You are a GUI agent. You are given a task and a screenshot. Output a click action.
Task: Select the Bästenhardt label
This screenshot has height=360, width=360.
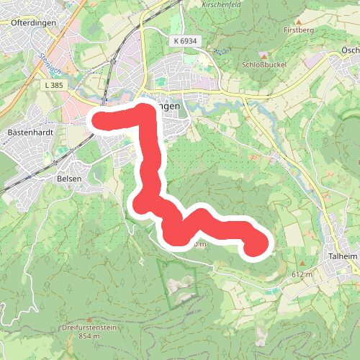click(x=27, y=133)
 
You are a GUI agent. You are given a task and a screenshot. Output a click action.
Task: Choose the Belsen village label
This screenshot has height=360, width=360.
click(x=72, y=178)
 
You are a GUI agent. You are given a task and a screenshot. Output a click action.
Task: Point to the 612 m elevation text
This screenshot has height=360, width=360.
click(x=302, y=275)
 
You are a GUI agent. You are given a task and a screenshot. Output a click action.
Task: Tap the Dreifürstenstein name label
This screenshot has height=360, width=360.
click(x=89, y=328)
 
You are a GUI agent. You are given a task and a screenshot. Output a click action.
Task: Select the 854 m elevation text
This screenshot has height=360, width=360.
click(x=89, y=336)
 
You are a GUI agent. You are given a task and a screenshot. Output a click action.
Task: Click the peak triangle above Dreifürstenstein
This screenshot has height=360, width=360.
click(x=89, y=319)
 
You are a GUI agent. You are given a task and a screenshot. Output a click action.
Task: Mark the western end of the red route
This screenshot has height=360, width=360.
click(x=97, y=120)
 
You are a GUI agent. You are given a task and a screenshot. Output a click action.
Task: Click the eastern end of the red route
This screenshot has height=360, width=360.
click(x=256, y=246)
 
